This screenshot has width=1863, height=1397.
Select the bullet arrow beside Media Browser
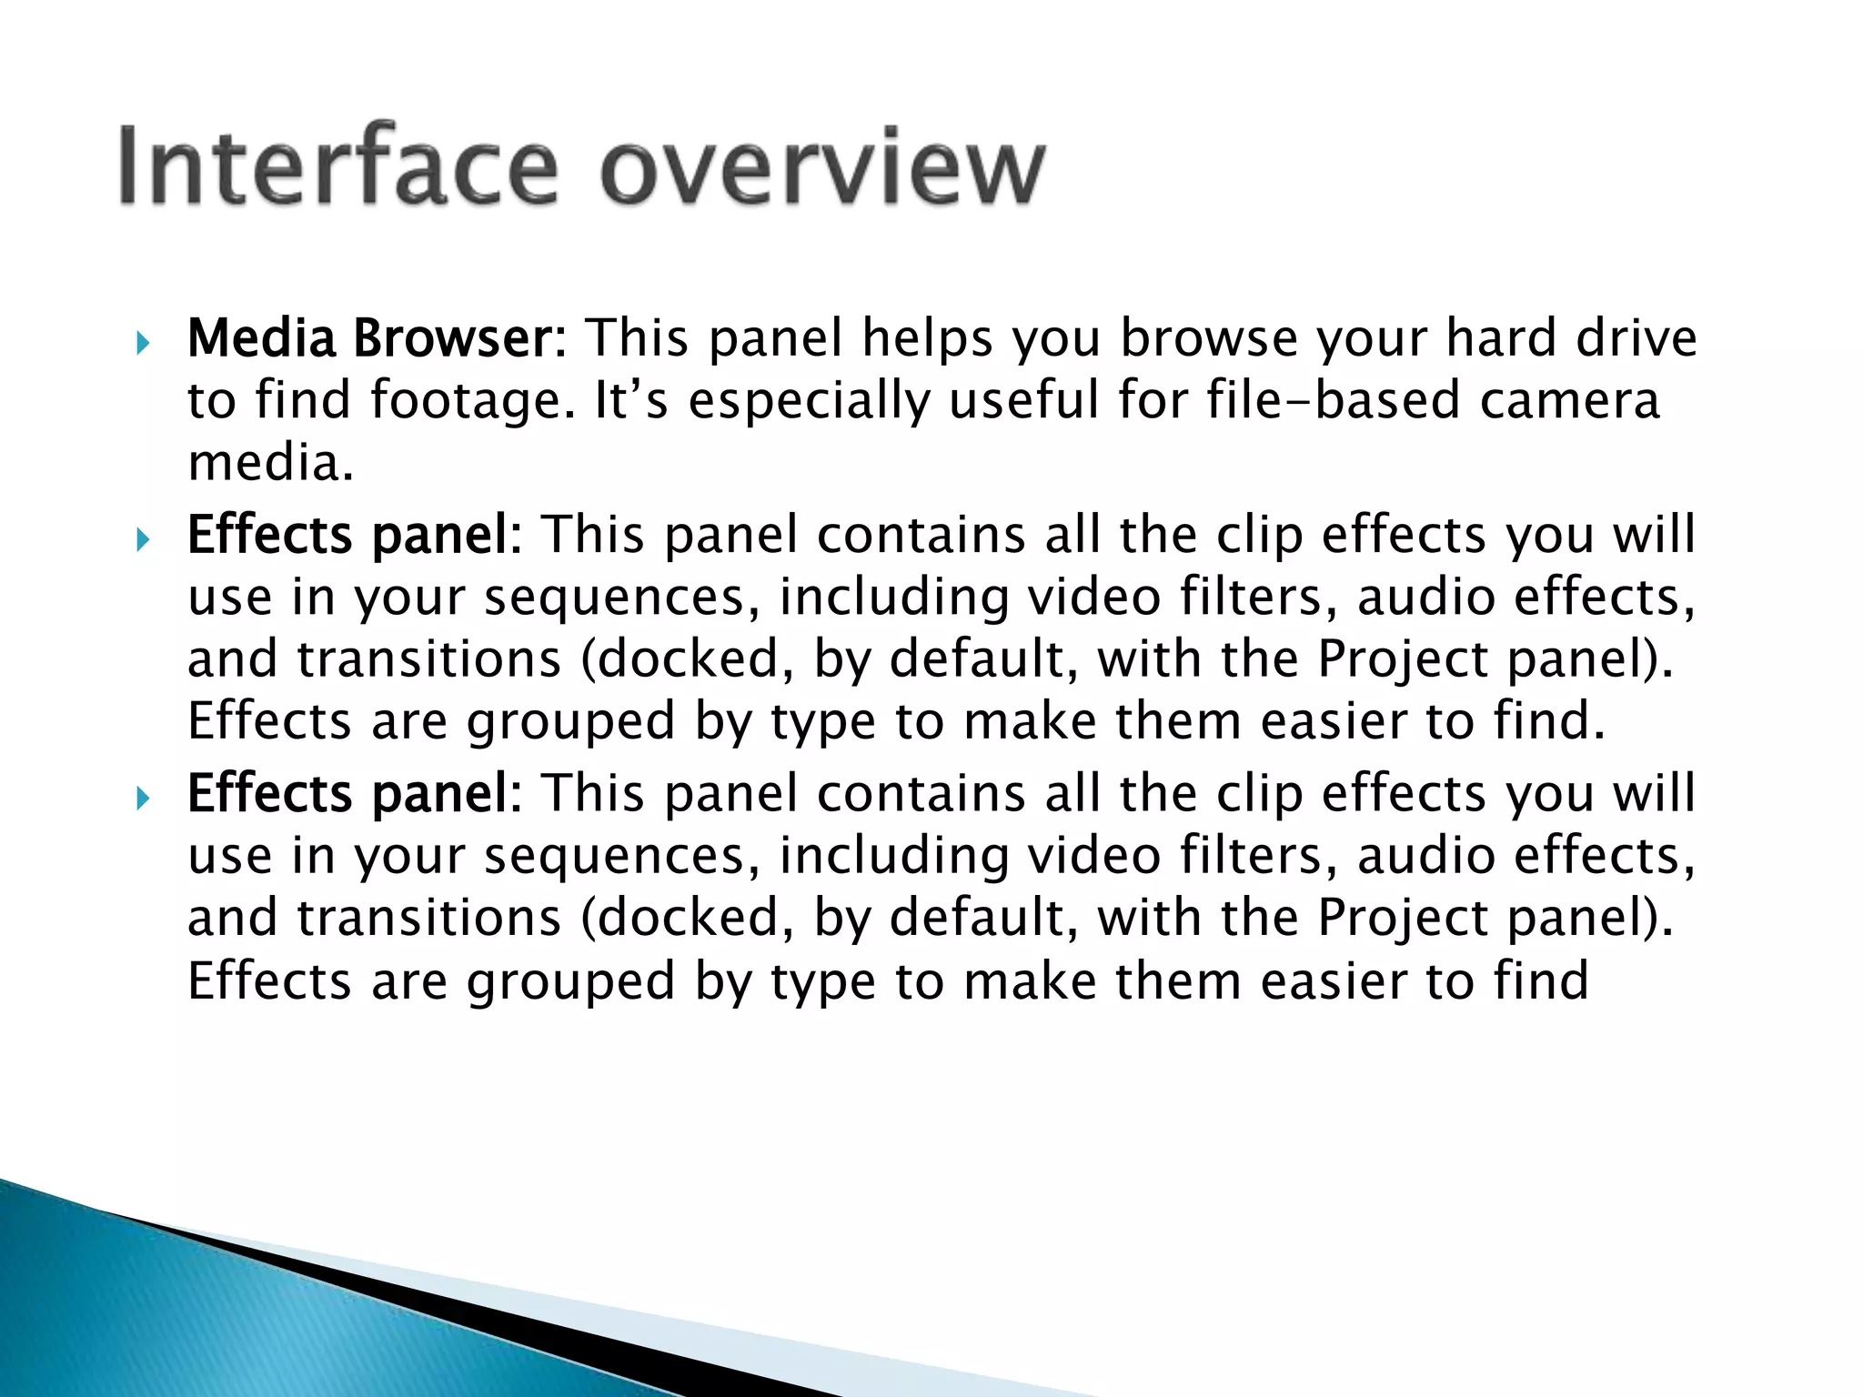click(142, 343)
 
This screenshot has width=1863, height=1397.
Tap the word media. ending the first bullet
click(270, 463)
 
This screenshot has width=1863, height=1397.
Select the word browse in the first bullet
click(1209, 338)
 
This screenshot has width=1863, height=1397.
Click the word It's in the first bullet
click(630, 401)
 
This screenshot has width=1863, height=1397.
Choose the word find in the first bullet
click(302, 401)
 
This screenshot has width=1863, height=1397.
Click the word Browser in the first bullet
click(459, 338)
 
